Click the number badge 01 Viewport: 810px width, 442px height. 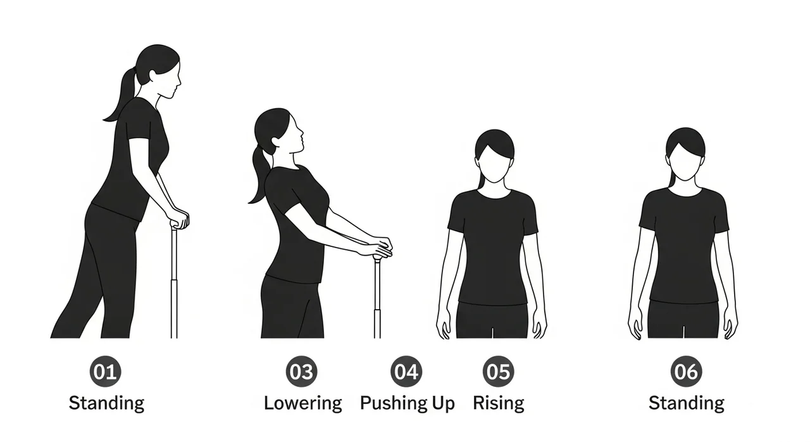tap(105, 372)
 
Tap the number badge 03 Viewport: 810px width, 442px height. tap(302, 372)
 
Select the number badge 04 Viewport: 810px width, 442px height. tap(406, 372)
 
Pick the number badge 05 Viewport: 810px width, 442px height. tap(499, 372)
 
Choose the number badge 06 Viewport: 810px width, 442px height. tap(687, 372)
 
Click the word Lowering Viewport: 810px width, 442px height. tap(303, 403)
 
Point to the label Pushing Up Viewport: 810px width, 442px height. tap(407, 403)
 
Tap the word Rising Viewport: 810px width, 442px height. tap(499, 403)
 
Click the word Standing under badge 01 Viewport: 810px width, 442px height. tap(107, 403)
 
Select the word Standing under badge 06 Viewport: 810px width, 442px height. tap(687, 403)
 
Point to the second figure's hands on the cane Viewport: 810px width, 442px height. tap(380, 248)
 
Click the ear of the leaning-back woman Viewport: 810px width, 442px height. tap(277, 142)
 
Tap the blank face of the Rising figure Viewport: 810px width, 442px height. tap(495, 163)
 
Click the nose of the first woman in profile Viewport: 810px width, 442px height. tap(178, 80)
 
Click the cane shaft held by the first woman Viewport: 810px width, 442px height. tap(174, 283)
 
